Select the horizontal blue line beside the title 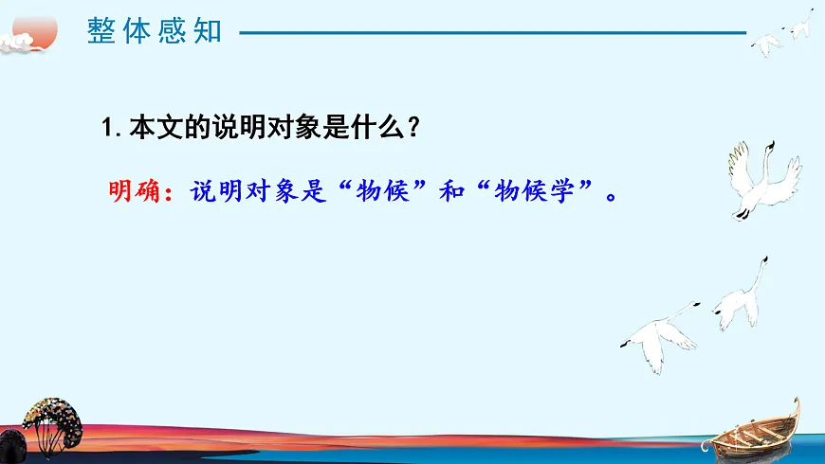coord(493,32)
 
